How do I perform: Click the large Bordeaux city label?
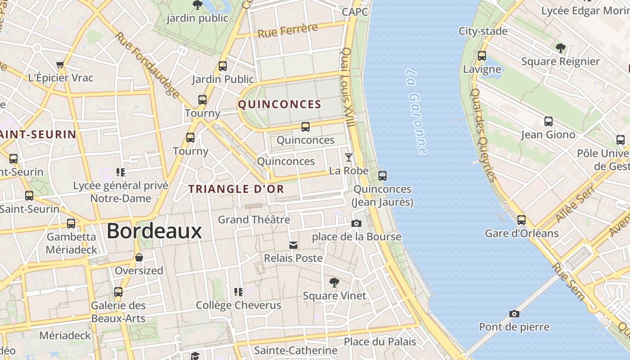(x=154, y=231)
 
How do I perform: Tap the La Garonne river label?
(x=417, y=112)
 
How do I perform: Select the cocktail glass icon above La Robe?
(x=349, y=157)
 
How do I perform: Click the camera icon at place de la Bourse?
(x=356, y=223)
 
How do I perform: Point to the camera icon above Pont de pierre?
(x=514, y=314)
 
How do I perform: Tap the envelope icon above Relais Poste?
(x=293, y=245)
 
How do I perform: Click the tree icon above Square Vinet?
(x=334, y=283)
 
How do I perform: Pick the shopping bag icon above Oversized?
(x=139, y=257)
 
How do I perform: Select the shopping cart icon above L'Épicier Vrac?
(x=60, y=65)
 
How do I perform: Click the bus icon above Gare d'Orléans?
(x=522, y=220)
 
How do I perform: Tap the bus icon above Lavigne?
(x=482, y=56)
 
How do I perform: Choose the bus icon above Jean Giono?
(x=548, y=121)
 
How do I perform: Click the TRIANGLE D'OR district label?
(x=236, y=189)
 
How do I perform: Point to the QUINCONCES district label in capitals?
(x=279, y=105)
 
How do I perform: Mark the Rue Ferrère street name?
(x=288, y=31)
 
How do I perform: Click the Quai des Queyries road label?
(x=483, y=134)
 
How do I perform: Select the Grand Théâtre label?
(x=254, y=220)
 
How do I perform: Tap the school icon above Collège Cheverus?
(x=238, y=292)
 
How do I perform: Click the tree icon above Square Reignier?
(x=560, y=48)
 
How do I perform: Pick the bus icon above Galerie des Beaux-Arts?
(x=118, y=292)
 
